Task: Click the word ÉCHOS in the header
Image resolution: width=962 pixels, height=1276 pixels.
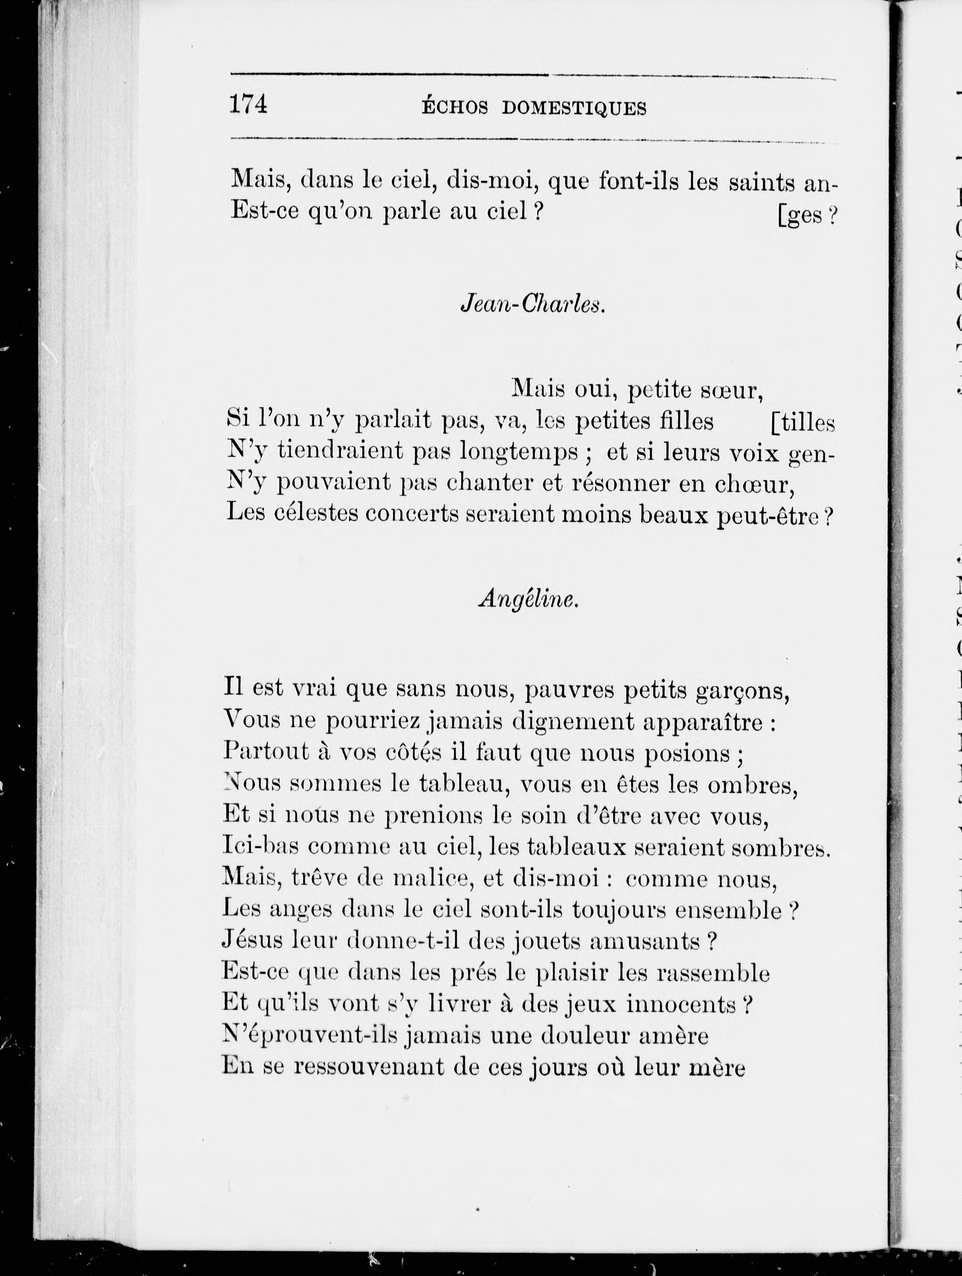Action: click(x=454, y=108)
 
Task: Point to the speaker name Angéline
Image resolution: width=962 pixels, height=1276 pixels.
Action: click(x=528, y=600)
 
